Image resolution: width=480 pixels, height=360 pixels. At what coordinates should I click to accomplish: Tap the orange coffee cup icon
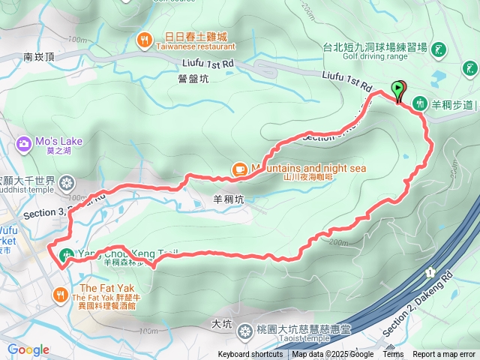point(240,169)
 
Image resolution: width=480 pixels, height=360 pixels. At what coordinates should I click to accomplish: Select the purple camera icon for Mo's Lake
point(24,142)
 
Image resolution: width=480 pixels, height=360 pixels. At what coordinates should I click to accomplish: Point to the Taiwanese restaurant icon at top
point(142,39)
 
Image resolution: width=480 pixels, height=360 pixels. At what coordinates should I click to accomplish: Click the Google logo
point(28,349)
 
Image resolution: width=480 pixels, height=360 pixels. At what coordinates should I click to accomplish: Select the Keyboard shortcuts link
point(250,355)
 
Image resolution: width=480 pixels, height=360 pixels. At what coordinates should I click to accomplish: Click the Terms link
point(393,355)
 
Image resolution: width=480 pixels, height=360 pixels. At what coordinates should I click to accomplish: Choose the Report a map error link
point(444,355)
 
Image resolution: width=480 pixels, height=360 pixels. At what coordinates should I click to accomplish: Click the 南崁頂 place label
point(39,56)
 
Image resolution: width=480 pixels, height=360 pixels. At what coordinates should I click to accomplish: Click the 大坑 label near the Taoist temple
point(222,324)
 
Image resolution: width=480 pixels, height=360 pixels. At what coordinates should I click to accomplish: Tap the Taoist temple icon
point(244,331)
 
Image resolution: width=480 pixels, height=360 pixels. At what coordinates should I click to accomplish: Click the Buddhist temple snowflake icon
point(67,182)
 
